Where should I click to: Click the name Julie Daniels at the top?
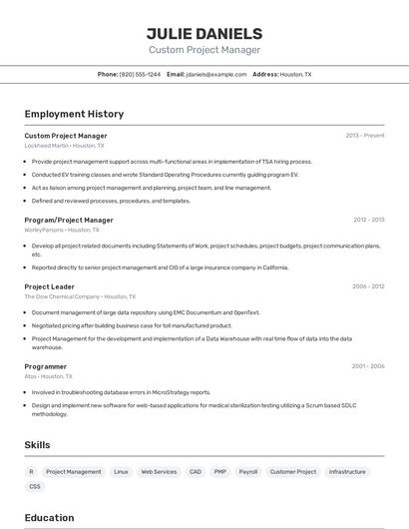[x=204, y=33]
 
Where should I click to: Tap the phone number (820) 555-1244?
[x=140, y=74]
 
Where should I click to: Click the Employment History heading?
[x=74, y=114]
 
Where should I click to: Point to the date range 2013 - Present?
[x=365, y=135]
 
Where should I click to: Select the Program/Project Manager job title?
[x=69, y=220]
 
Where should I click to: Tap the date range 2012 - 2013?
[x=368, y=220]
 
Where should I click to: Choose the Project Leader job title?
[x=49, y=286]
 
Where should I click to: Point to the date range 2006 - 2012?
[x=368, y=286]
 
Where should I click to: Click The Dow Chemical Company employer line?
[x=76, y=296]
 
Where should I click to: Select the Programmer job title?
[x=46, y=366]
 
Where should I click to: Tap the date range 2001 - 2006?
[x=368, y=366]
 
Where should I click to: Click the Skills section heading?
[x=37, y=444]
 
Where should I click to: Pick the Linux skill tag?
[x=121, y=471]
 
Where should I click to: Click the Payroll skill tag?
[x=248, y=471]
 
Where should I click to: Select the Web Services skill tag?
[x=159, y=471]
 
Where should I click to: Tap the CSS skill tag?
[x=35, y=486]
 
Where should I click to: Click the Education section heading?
[x=49, y=517]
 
